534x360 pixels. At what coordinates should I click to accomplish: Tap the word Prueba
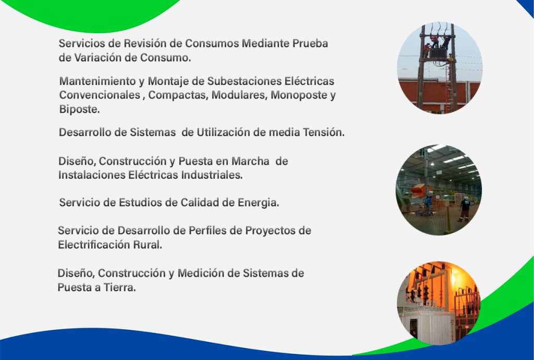(x=310, y=44)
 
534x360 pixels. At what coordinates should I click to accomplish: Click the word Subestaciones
(x=245, y=81)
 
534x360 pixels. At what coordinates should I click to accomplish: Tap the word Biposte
(x=79, y=109)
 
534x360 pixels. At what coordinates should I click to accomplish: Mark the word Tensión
(x=323, y=132)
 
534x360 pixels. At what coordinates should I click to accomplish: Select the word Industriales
(x=212, y=175)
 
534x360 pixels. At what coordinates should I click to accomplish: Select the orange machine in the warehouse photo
(x=420, y=191)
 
